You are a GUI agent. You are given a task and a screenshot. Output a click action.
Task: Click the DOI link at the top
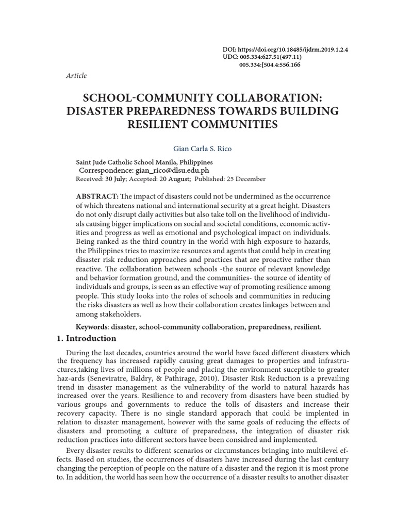coord(294,49)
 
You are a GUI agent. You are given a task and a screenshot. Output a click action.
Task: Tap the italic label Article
coord(77,76)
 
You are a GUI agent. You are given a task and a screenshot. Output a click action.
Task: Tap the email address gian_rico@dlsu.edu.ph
coord(172,170)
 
